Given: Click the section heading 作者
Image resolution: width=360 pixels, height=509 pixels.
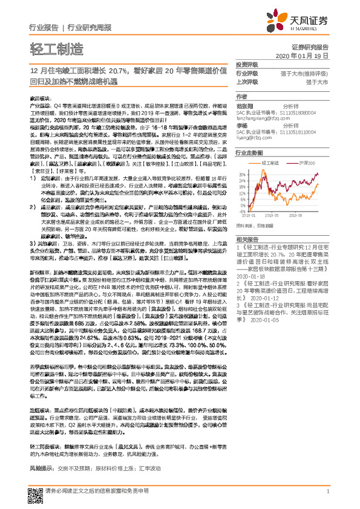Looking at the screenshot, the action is [x=241, y=97].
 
